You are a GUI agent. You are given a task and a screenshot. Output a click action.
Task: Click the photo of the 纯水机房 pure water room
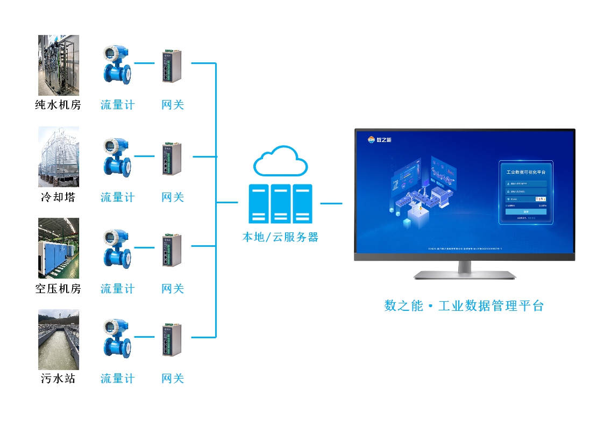click(59, 65)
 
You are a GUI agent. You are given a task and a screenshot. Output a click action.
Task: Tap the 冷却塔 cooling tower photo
click(59, 156)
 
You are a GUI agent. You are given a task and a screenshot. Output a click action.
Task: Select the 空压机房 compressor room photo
click(59, 248)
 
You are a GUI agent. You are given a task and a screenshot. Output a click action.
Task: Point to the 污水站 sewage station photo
click(59, 339)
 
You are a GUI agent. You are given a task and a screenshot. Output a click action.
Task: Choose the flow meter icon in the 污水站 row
click(117, 338)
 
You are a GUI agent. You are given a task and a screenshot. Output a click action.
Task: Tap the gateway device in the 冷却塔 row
click(172, 158)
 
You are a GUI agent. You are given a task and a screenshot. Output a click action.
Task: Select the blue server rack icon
click(280, 204)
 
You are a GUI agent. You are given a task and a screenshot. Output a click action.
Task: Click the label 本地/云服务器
click(280, 237)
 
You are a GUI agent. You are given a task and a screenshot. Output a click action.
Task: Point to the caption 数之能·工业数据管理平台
click(464, 306)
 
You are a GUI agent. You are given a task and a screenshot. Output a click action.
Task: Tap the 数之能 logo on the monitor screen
click(380, 140)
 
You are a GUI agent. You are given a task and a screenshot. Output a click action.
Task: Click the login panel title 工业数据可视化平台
click(526, 173)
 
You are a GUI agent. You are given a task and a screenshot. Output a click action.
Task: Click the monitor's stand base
click(464, 275)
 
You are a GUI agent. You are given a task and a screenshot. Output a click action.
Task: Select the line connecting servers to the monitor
click(331, 204)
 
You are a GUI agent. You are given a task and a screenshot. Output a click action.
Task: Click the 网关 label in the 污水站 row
click(173, 379)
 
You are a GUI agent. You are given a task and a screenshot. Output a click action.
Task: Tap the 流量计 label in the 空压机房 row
click(117, 289)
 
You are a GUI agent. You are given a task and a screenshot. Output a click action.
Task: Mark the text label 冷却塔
click(58, 197)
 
